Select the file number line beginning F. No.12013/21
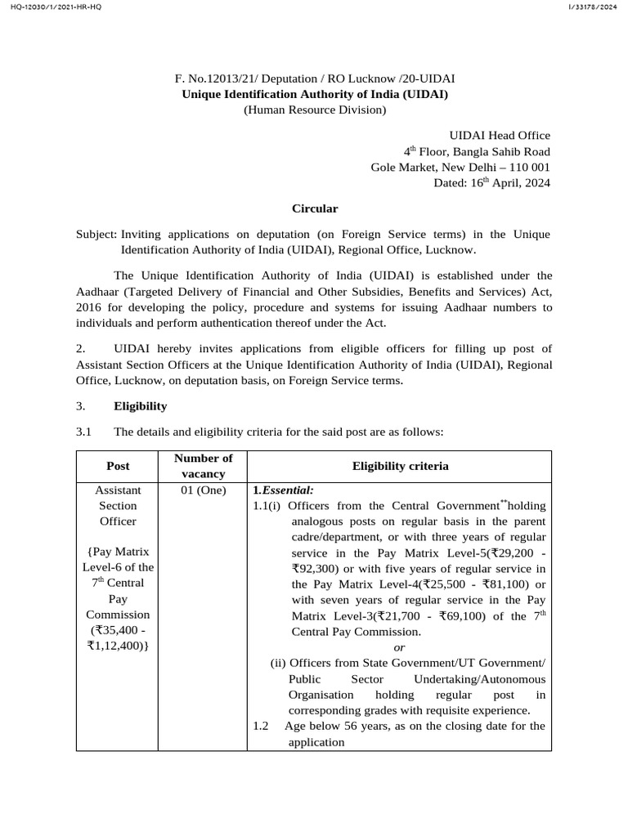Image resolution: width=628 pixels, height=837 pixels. [x=315, y=78]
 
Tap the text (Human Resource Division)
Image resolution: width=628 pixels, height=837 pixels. [x=315, y=110]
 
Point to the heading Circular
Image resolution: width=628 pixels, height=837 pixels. [x=315, y=208]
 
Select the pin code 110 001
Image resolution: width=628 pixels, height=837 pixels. [x=528, y=167]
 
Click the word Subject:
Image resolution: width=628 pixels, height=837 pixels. [x=96, y=234]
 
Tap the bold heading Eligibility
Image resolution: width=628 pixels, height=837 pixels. [x=140, y=405]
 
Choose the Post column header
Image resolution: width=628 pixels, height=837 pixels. [x=118, y=465]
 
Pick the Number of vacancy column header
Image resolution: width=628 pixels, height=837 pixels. [x=204, y=465]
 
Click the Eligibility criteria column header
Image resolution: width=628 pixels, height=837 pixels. [x=400, y=465]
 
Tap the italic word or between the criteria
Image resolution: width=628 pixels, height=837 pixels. [x=400, y=647]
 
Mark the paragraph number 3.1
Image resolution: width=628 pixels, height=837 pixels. [x=83, y=431]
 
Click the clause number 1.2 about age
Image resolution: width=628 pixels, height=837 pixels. [x=262, y=726]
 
